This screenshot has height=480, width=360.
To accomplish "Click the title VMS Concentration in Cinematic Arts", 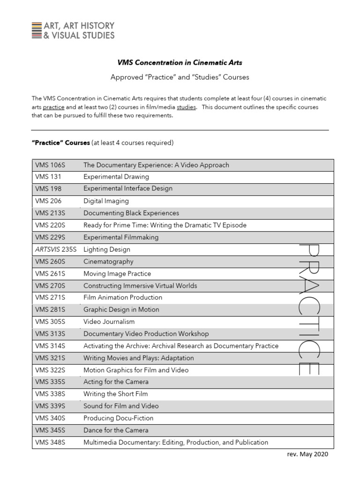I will (x=180, y=62).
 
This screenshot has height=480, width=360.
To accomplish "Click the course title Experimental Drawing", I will (x=116, y=177).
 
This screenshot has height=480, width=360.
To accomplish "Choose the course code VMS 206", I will (x=49, y=201).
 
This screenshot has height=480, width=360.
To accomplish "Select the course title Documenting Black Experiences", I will (x=131, y=213).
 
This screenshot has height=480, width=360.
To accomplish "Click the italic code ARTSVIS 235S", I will (x=56, y=250).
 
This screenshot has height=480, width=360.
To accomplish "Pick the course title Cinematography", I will (x=108, y=262).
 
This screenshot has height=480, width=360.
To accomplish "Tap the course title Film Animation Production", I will (x=123, y=298).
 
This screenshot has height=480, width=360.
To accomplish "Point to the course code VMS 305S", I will (x=50, y=322).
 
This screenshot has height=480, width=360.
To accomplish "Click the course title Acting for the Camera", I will (x=116, y=382).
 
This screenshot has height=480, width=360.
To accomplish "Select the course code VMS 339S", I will (x=50, y=406).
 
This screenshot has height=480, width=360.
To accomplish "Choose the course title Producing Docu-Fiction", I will (x=118, y=418).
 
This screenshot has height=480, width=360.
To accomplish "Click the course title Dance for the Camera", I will (x=116, y=430).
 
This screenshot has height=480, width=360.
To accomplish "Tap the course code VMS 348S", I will (x=50, y=442).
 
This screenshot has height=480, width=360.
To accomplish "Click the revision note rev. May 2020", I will (x=307, y=455).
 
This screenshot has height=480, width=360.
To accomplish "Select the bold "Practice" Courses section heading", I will (x=60, y=143).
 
